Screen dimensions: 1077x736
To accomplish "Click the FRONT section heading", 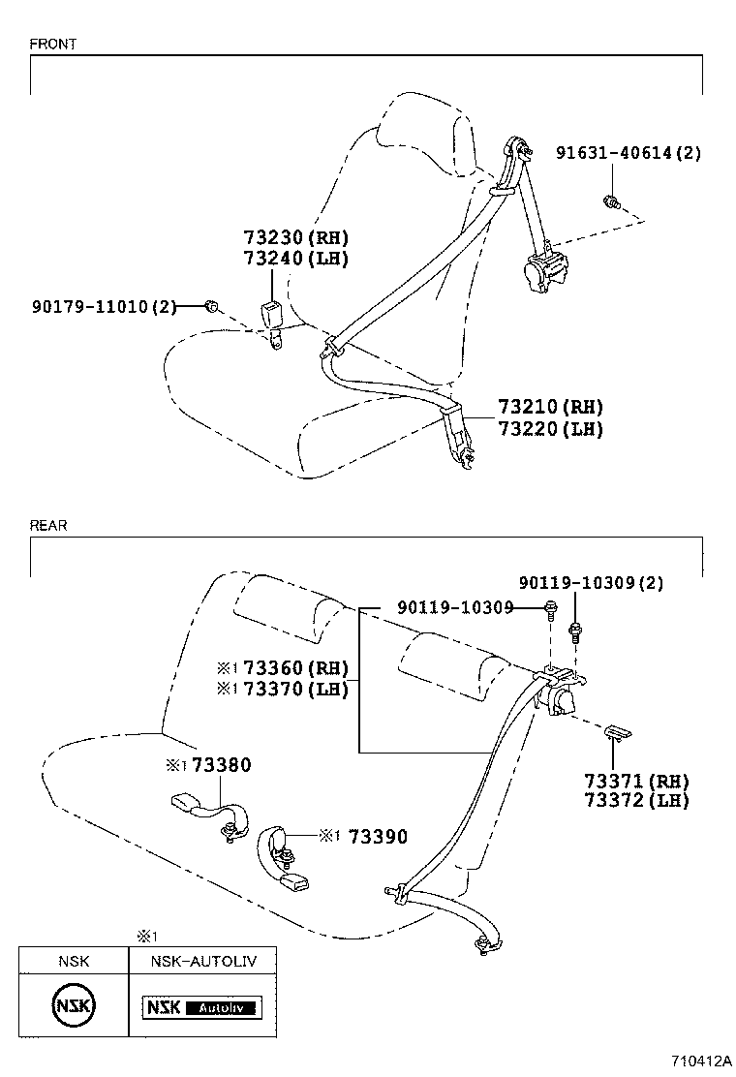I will point(53,45).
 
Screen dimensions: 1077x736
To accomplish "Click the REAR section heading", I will point(48,526).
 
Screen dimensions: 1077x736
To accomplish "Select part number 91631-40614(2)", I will point(628,152).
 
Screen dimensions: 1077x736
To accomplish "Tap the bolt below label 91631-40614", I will point(611,201).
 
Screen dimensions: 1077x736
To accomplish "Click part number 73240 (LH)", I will point(294,259).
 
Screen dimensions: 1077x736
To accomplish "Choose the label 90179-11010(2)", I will point(104,307).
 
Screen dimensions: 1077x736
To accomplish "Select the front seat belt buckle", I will point(271,316).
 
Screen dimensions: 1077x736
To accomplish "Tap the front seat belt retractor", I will point(547,268).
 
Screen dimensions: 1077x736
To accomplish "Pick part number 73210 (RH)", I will point(550,408).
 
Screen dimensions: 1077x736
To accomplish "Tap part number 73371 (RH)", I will point(635,781).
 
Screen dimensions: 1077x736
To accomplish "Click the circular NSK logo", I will point(74,1007).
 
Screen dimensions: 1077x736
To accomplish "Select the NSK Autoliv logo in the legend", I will point(202,1008).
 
